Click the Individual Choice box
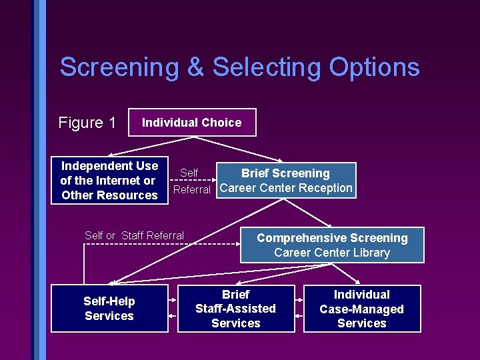[x=191, y=123]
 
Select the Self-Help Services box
[x=109, y=309]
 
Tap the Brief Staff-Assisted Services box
[x=235, y=309]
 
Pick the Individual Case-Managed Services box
[x=362, y=309]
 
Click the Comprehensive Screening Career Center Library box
[x=332, y=245]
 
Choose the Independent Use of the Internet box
[x=109, y=180]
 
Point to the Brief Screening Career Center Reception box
[x=285, y=181]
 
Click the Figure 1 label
[x=87, y=123]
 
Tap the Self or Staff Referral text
[x=135, y=235]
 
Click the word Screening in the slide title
[x=119, y=67]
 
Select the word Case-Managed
[x=362, y=309]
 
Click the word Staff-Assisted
[x=235, y=309]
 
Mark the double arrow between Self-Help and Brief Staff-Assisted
[x=173, y=309]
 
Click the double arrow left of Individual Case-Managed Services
[x=299, y=309]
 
